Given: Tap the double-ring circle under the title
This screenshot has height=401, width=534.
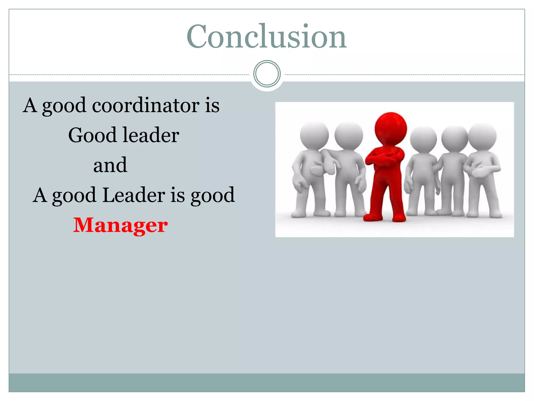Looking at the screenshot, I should (267, 74).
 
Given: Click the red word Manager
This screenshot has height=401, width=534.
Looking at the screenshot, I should (120, 225).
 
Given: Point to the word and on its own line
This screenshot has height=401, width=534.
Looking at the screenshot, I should (110, 165).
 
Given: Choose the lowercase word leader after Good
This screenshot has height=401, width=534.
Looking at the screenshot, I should (151, 135).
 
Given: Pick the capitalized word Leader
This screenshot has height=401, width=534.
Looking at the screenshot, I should (133, 195).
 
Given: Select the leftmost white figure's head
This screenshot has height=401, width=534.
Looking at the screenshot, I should (314, 135).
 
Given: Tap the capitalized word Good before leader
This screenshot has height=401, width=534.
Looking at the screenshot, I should (92, 135).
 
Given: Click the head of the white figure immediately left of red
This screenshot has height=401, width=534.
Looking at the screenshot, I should (349, 136).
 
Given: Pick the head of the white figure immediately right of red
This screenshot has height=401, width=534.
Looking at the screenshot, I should (423, 139).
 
